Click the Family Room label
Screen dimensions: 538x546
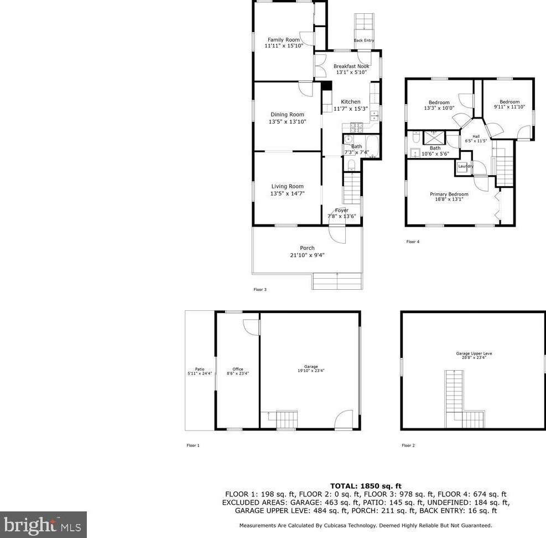tap(284, 40)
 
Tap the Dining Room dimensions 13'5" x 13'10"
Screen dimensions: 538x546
tap(287, 121)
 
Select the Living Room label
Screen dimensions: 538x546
tap(287, 187)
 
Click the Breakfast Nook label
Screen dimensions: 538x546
tap(351, 66)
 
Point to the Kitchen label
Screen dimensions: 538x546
tap(351, 102)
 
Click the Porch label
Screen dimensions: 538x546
tap(307, 248)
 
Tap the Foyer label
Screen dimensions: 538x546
tap(342, 210)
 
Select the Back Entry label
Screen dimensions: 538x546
tap(364, 40)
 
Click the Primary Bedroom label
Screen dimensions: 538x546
tap(449, 194)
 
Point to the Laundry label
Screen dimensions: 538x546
tap(465, 166)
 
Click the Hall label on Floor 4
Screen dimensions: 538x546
tap(476, 136)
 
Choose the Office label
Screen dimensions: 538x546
tap(238, 369)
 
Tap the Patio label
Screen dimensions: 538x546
tap(199, 369)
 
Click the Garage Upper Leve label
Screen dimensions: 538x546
tap(474, 353)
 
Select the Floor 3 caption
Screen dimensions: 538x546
tap(260, 289)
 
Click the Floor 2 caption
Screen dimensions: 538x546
tap(408, 445)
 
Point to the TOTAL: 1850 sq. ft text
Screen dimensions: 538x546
tap(366, 486)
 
